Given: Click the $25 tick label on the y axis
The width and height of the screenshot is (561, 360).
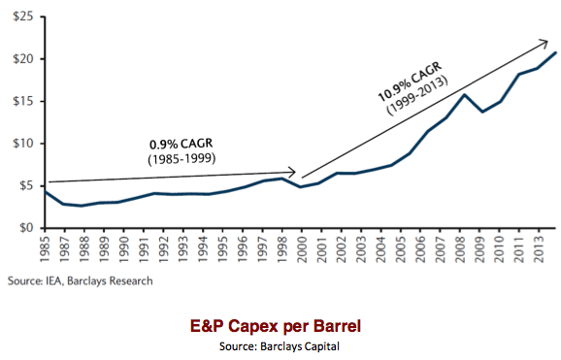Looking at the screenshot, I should coord(22,16).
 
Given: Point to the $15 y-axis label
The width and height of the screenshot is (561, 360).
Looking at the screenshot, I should coord(22,101).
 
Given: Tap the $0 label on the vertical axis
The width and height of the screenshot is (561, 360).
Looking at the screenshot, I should coord(26,228).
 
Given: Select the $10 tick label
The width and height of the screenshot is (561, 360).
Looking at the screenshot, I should coord(22,144).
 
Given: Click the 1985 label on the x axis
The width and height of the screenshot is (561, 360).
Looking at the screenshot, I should coord(44,249).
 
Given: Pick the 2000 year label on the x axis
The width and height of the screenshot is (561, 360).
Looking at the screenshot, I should coord(302,249).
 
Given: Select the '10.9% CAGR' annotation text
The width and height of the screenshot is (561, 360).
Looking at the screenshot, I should coord(409,85).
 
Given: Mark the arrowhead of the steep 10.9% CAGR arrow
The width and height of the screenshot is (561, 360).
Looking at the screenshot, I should coord(544,42).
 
